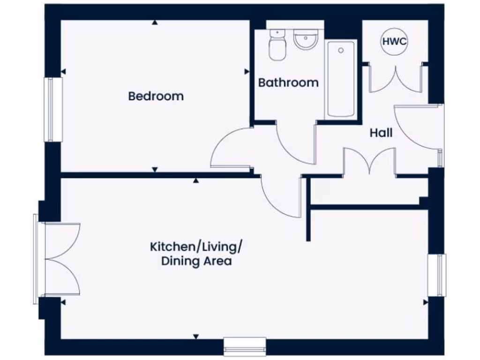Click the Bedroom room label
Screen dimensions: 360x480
click(156, 96)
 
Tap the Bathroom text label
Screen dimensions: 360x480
click(288, 82)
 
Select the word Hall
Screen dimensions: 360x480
click(381, 133)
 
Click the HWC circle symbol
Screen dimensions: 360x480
click(394, 41)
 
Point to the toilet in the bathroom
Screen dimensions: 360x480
click(277, 44)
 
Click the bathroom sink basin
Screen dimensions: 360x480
click(305, 41)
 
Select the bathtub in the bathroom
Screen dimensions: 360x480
click(341, 79)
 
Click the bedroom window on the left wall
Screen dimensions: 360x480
click(53, 109)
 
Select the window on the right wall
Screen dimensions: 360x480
click(437, 275)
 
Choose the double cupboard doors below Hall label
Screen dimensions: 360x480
click(370, 162)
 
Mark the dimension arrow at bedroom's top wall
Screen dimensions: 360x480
click(155, 22)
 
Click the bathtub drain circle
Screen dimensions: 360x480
click(341, 50)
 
